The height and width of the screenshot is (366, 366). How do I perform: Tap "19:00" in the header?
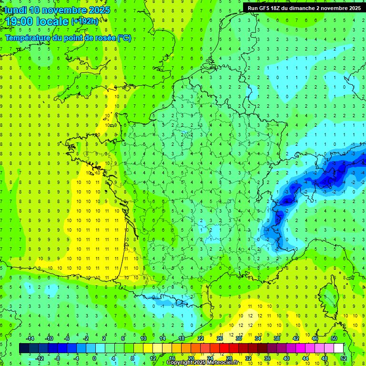click(x=18, y=21)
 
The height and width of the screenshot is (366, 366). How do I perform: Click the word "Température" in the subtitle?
click(x=28, y=38)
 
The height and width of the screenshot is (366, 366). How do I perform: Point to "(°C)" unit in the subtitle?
click(x=124, y=38)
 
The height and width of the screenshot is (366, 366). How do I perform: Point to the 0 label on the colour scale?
click(x=95, y=358)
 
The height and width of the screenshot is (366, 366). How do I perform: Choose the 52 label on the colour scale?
click(x=344, y=358)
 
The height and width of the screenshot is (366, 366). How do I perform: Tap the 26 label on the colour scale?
click(x=220, y=338)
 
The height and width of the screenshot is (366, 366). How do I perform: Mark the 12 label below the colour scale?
click(x=153, y=358)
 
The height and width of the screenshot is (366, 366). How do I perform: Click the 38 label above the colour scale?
click(x=277, y=338)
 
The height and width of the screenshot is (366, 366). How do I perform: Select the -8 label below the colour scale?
click(x=58, y=358)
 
